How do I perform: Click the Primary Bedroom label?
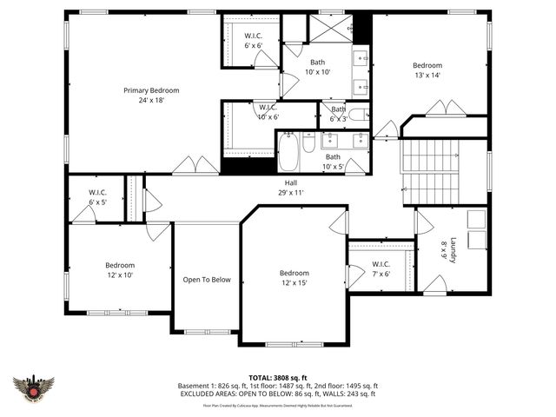[x=151, y=95]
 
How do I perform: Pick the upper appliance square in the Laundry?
[x=477, y=217]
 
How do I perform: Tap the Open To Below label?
[x=207, y=280]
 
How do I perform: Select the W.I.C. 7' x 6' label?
[x=381, y=268]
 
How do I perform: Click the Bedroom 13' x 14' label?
[x=427, y=70]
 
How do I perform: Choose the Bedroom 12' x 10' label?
[x=120, y=270]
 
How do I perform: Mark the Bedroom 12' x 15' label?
[x=295, y=277]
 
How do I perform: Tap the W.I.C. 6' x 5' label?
[x=96, y=197]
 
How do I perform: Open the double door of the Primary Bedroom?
[x=195, y=165]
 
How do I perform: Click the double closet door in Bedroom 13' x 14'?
[x=447, y=109]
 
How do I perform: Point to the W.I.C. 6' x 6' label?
[x=252, y=39]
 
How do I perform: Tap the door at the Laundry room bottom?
[x=434, y=284]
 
